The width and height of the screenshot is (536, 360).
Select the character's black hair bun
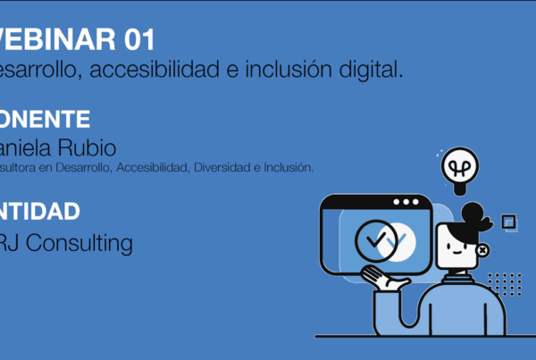[473, 215]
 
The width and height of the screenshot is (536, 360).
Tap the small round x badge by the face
[484, 251]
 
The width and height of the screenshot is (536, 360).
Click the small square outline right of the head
[509, 221]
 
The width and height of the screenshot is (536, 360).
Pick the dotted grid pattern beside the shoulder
[504, 284]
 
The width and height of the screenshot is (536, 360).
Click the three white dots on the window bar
[405, 201]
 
